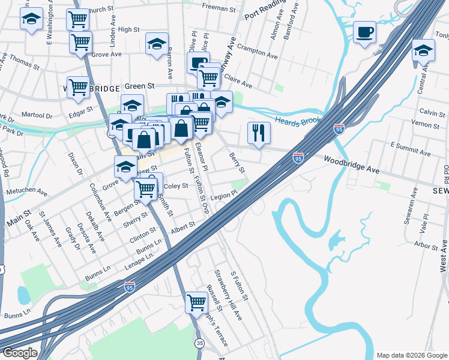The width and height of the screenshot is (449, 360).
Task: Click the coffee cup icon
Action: tap(364, 32)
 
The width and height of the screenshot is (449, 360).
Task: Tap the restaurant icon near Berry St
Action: tap(259, 133)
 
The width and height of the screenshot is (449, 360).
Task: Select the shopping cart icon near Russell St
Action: tap(196, 302)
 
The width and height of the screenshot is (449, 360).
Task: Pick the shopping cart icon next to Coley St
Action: tap(146, 188)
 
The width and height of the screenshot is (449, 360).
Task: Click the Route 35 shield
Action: tap(199, 342)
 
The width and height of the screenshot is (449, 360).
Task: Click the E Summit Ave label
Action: tap(411, 149)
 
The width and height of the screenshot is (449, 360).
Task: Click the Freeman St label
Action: tap(219, 8)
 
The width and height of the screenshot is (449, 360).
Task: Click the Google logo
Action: tap(20, 353)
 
